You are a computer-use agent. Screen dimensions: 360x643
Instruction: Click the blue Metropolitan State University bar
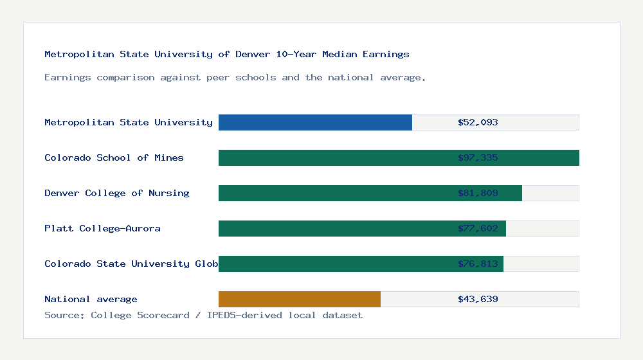pos(315,122)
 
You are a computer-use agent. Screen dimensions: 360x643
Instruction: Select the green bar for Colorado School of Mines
pos(334,157)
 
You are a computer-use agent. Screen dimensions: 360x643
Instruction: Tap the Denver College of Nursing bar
pos(334,193)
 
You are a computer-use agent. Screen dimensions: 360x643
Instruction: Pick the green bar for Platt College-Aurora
pos(334,228)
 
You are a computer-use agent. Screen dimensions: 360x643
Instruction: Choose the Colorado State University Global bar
pos(334,264)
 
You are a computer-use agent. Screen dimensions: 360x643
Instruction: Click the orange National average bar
pos(300,299)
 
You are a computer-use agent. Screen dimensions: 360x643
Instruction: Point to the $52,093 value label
pos(478,122)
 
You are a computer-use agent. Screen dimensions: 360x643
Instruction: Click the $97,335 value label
pos(478,157)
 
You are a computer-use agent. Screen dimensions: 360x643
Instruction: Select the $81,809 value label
pos(478,193)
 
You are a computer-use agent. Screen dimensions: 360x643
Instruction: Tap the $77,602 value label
pos(478,228)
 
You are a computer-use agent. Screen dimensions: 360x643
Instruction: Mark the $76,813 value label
pos(478,264)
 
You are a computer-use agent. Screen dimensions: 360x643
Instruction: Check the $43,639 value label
pos(478,299)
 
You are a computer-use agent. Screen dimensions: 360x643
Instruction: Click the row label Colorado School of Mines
pos(114,157)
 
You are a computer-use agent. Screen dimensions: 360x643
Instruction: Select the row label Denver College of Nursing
pos(117,193)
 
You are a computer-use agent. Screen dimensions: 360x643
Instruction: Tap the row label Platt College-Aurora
pos(102,228)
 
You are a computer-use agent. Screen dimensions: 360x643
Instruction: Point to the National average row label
pos(91,299)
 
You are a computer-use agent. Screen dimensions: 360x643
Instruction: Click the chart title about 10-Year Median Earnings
pos(226,54)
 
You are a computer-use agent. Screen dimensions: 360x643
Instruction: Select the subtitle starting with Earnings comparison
pos(235,77)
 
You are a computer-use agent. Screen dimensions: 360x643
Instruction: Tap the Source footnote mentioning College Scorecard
pos(203,315)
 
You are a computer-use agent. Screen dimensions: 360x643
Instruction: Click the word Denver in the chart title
pos(253,54)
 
